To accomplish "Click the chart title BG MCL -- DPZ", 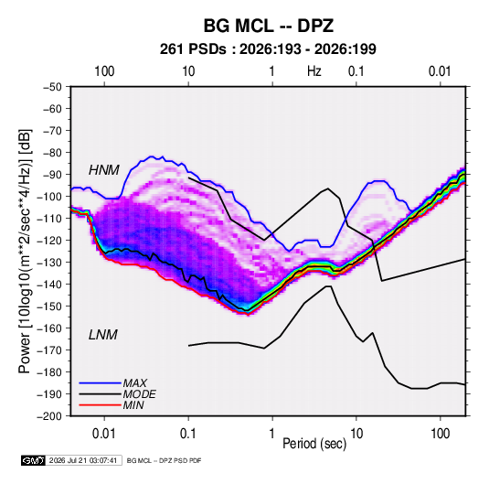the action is coord(269,26).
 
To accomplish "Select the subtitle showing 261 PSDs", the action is coord(268,49).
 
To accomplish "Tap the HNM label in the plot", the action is coord(104,170).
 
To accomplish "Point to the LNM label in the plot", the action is coord(103,335).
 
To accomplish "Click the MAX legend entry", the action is coord(134,383).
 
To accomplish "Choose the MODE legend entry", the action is coord(140,394).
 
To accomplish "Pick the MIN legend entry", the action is coord(133,405).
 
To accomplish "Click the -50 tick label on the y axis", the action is coord(52,87).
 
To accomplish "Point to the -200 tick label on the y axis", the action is coord(49,416).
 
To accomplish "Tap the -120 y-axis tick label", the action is coord(49,241).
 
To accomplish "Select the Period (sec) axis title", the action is coord(314,444).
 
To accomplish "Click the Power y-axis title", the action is coord(25,252).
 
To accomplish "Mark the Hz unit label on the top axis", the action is coord(314,71).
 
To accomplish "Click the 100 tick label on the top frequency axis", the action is coord(104,71).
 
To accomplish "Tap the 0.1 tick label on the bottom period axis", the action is coord(188,434).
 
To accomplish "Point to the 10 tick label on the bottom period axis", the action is coord(356,434).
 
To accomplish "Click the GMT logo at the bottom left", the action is coord(34,460).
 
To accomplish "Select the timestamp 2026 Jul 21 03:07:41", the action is coord(83,460).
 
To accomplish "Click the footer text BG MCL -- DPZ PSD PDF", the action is coord(164,460).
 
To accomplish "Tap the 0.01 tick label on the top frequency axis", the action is coord(440,71).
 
